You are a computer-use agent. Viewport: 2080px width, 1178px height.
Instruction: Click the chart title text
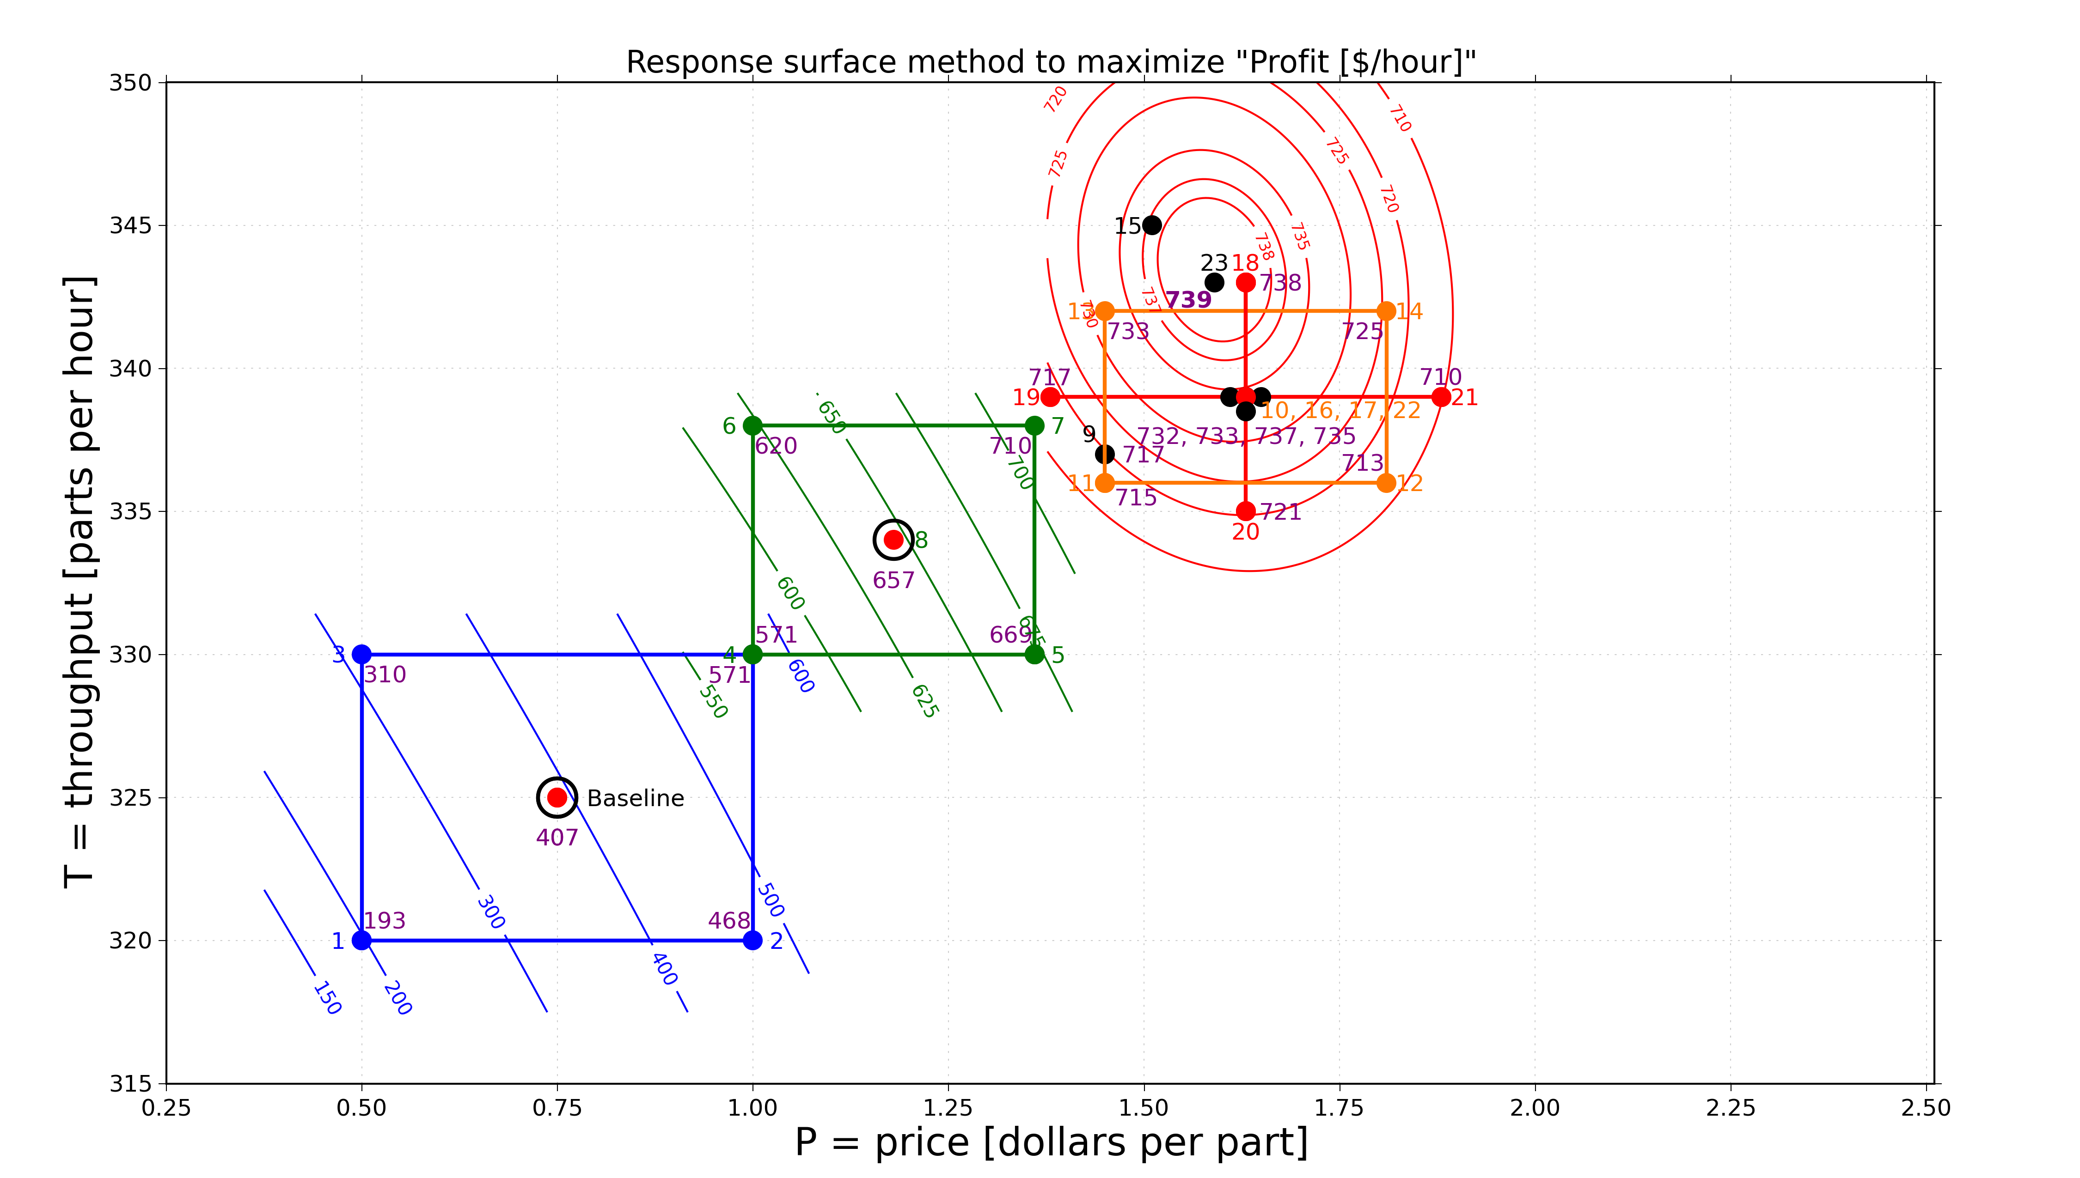pyautogui.click(x=1051, y=62)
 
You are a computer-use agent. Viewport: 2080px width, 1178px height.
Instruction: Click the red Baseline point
pyautogui.click(x=557, y=798)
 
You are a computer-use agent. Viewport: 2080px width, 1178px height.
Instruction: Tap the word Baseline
pyautogui.click(x=636, y=799)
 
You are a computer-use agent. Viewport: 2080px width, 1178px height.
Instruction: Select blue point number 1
pyautogui.click(x=362, y=940)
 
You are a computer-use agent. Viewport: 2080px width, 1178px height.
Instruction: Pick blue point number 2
pyautogui.click(x=752, y=940)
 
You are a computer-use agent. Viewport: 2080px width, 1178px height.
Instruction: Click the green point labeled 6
pyautogui.click(x=752, y=425)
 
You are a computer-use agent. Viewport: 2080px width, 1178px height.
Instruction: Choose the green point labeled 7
pyautogui.click(x=1034, y=425)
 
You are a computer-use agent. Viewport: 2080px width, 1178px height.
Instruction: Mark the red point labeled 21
pyautogui.click(x=1441, y=396)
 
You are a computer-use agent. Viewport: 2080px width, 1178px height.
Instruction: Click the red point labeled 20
pyautogui.click(x=1246, y=511)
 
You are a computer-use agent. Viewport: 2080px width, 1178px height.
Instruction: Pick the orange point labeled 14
pyautogui.click(x=1386, y=311)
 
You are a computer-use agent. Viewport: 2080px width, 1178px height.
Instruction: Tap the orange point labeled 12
pyautogui.click(x=1386, y=483)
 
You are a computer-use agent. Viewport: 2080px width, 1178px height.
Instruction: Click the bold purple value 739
pyautogui.click(x=1188, y=300)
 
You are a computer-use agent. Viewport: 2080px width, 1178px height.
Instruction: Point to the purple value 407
pyautogui.click(x=557, y=838)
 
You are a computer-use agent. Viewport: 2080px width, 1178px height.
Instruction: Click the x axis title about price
pyautogui.click(x=1051, y=1142)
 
